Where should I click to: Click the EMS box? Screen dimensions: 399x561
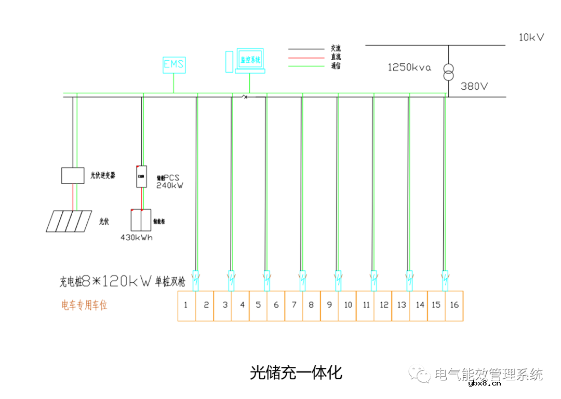pos(173,65)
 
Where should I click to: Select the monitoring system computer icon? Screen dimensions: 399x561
pos(249,61)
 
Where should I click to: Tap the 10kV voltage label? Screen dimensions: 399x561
pos(531,37)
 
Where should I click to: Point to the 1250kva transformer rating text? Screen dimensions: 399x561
pos(409,67)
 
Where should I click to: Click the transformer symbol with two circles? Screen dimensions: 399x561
pos(448,72)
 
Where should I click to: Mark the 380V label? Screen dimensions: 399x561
pos(474,86)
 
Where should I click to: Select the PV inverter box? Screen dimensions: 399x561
pos(73,175)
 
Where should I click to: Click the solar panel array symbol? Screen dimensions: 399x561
pos(67,221)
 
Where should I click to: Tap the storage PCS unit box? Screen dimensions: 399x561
pos(141,176)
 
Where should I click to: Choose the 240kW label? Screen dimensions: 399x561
pos(169,185)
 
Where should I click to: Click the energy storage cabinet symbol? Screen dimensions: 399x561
pos(141,219)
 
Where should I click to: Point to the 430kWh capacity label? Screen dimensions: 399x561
pos(137,238)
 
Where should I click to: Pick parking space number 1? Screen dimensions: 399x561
pos(186,305)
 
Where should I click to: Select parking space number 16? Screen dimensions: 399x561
pos(454,305)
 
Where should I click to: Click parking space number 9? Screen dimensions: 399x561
pos(329,305)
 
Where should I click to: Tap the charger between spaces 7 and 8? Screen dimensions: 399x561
pos(302,281)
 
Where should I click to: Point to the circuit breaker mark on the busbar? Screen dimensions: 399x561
pos(245,97)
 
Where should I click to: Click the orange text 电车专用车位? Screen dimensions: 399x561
pos(85,306)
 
